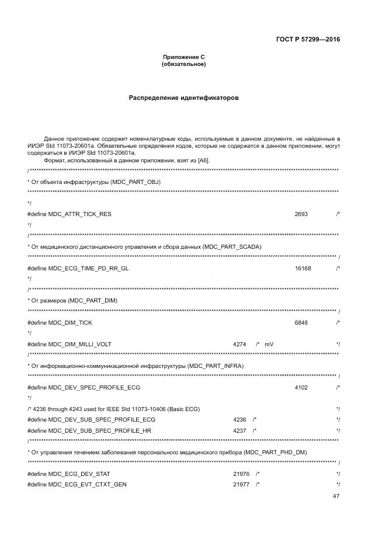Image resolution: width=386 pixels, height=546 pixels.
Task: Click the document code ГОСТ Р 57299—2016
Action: (x=308, y=40)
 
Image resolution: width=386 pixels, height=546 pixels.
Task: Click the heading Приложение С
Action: (x=183, y=57)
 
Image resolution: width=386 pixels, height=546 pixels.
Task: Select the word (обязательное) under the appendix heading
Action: (x=183, y=64)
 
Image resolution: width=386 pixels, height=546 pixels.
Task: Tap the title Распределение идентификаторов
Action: (x=183, y=98)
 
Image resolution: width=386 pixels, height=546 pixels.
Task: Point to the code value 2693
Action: (x=301, y=214)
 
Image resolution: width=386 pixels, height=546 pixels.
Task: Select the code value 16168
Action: (x=303, y=268)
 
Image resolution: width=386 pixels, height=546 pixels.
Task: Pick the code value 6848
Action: (x=301, y=322)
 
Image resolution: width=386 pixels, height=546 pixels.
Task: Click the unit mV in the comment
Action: (x=269, y=344)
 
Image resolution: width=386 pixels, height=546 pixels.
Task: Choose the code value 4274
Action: (x=239, y=344)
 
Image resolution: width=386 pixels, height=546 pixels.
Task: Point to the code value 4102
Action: (x=301, y=387)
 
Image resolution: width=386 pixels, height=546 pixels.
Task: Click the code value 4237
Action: (x=239, y=430)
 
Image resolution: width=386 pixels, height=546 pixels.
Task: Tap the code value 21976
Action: (x=241, y=474)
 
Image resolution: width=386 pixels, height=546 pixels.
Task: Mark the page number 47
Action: (x=336, y=496)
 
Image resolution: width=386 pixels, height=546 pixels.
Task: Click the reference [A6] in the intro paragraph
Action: (x=203, y=160)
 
